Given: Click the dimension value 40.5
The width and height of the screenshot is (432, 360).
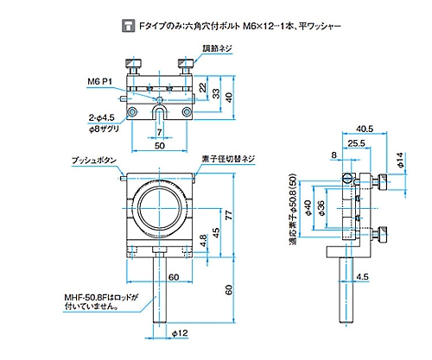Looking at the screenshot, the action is coord(365,129).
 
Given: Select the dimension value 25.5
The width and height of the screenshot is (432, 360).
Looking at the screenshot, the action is coord(356,143).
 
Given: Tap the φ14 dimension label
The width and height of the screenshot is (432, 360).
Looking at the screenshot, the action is coord(400,160).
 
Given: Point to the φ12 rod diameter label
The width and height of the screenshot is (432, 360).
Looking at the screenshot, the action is coord(180,333).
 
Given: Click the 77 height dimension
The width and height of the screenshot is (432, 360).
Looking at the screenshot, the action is coord(228,215).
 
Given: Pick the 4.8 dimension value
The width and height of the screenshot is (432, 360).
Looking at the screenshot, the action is coord(203,241).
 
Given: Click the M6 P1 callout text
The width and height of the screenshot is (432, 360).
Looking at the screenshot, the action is coord(99,82).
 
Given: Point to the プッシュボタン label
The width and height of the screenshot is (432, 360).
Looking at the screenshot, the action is coord(94,160).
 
